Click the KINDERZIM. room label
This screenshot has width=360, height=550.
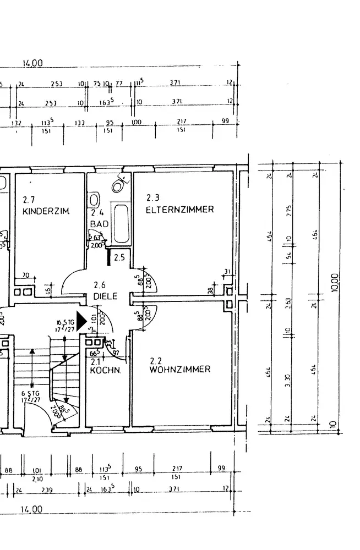click(46, 211)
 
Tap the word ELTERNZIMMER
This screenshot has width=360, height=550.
click(179, 210)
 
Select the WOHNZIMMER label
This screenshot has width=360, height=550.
click(179, 370)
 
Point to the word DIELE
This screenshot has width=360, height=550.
click(106, 296)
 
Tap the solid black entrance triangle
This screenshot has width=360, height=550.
click(81, 322)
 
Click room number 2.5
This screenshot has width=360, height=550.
click(119, 257)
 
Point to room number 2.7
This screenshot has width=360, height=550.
click(29, 200)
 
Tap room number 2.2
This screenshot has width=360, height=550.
click(156, 360)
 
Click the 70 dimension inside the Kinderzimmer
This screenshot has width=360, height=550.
click(25, 276)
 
